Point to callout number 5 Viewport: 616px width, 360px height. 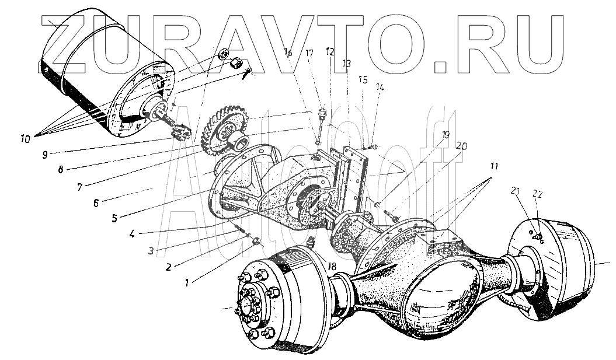[114, 218]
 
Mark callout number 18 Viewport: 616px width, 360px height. [332, 267]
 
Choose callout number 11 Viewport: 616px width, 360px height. [495, 167]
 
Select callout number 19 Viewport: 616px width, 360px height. [446, 134]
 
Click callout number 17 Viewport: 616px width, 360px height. [309, 53]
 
